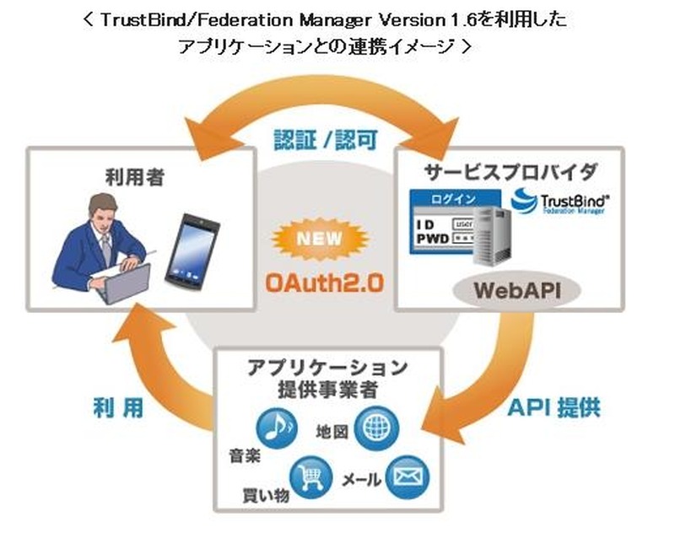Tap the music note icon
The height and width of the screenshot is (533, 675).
pyautogui.click(x=274, y=428)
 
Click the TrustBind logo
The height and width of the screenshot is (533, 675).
pyautogui.click(x=558, y=205)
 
